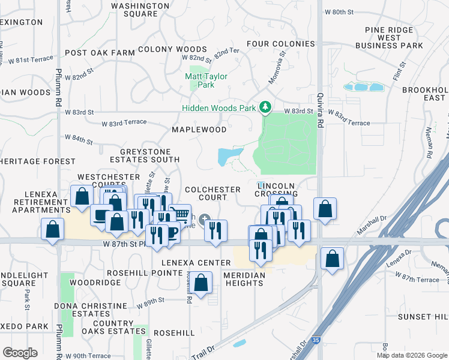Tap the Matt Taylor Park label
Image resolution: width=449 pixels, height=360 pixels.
205,80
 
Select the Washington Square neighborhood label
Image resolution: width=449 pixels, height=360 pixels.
140,10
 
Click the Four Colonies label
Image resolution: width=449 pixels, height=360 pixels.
280,44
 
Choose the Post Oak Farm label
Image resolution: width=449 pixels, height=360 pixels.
100,53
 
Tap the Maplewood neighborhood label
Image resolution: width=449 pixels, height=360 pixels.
199,130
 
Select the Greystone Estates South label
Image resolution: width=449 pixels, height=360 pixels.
145,155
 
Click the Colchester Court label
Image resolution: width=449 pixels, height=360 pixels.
213,193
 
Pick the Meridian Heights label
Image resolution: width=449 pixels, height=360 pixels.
244,278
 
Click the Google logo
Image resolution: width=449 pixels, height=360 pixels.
20,353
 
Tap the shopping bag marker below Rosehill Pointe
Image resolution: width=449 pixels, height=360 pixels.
203,282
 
